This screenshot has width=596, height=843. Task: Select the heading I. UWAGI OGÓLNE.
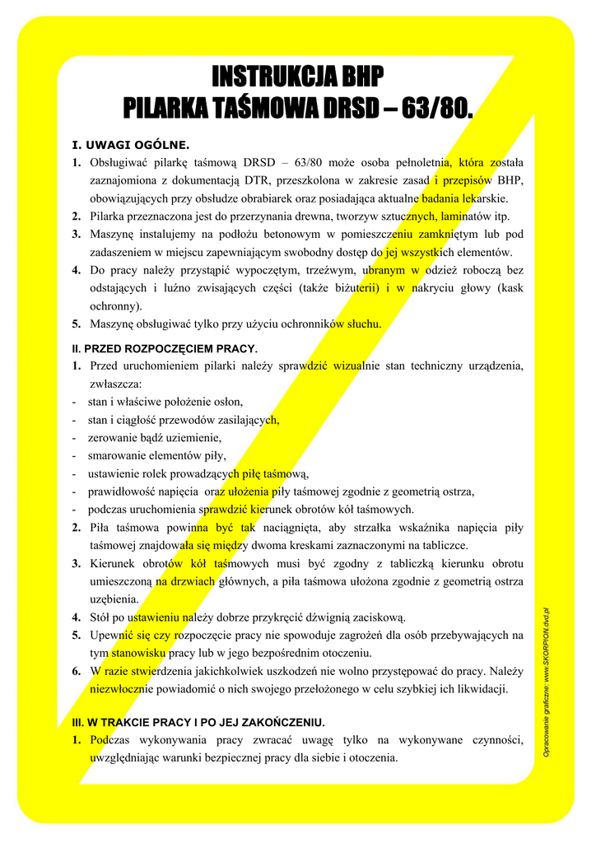pos(132,144)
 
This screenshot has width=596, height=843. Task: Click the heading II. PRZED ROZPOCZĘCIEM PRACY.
pos(165,348)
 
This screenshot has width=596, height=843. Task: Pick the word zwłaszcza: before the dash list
pos(115,384)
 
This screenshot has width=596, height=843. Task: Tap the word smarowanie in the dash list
pos(118,455)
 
